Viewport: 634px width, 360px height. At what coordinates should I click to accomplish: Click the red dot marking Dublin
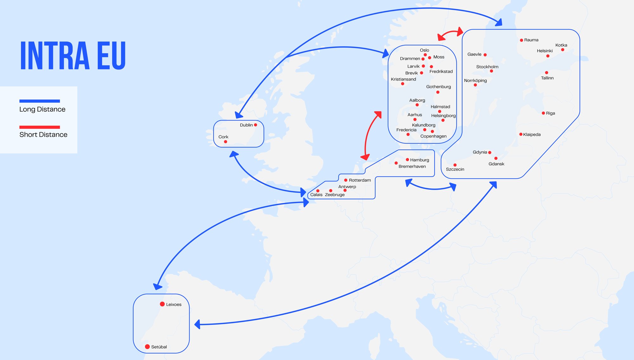point(256,125)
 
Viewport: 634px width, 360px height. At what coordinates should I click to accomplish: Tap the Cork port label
point(223,137)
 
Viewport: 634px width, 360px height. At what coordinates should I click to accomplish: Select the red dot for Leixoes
point(162,304)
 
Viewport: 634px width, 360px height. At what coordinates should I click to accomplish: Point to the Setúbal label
point(159,347)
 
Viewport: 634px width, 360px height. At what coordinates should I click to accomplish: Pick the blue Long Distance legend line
point(40,101)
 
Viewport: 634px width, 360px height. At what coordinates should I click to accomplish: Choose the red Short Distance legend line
point(40,127)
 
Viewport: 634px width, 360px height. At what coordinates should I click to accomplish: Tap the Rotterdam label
point(360,180)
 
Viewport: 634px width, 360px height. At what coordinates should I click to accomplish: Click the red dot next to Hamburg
point(407,160)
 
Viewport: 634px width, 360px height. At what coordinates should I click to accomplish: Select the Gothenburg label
point(438,87)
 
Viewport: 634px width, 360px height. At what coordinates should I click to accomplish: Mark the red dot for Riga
point(543,113)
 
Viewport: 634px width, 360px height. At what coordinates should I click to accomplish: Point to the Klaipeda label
point(532,134)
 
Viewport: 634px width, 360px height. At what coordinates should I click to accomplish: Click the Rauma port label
point(531,40)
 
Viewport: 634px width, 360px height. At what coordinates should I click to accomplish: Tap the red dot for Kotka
point(563,50)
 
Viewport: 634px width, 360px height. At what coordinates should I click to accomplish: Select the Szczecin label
point(455,169)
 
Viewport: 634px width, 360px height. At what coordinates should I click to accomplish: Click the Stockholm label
point(487,67)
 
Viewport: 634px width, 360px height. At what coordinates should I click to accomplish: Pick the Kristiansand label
point(403,79)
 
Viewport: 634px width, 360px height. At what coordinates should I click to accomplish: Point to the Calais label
point(316,195)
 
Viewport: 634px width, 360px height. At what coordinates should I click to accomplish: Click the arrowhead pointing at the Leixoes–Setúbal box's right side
point(197,324)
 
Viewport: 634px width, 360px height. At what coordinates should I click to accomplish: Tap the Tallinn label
point(547,78)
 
